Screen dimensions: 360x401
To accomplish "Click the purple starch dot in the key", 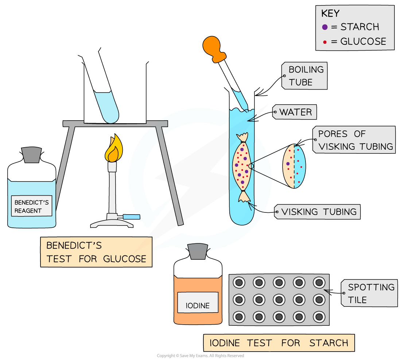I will tap(325, 27).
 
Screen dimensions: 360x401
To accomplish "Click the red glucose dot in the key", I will tap(325, 42).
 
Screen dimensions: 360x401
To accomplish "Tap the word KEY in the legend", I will tap(330, 13).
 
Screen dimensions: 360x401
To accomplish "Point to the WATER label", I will tap(295, 112).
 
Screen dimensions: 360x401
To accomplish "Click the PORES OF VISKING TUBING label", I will tap(354, 140).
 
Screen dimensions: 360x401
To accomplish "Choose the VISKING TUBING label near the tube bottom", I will tap(319, 212).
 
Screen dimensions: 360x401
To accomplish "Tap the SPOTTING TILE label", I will tap(370, 293).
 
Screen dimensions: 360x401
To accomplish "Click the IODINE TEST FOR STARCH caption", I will tap(279, 343).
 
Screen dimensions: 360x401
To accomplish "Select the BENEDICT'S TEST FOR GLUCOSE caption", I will tap(96, 253).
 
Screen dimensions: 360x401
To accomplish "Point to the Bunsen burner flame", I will tap(113, 149).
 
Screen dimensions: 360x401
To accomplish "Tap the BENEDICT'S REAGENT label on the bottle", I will tap(31, 206).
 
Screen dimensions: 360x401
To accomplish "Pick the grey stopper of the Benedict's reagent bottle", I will tap(31, 154).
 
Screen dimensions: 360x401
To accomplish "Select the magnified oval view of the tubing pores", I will tap(294, 166).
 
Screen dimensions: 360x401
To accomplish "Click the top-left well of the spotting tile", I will tap(239, 282).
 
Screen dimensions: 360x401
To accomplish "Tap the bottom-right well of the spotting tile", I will tap(319, 316).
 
